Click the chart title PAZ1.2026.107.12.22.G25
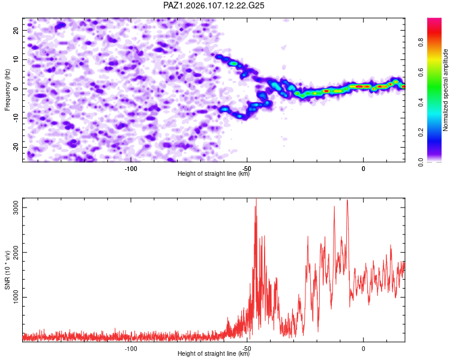tap(214, 5)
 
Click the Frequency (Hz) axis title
tap(7, 90)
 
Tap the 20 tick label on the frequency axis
tap(16, 30)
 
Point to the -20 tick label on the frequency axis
tap(16, 147)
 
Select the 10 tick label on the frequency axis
tap(16, 59)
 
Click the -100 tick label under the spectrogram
tap(131, 169)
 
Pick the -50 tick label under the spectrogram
tap(247, 169)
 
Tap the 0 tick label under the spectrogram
tap(364, 169)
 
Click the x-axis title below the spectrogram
tap(214, 173)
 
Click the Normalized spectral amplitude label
tap(445, 90)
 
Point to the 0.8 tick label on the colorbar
tap(421, 43)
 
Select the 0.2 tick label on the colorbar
tap(421, 133)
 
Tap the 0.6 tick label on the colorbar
tap(421, 73)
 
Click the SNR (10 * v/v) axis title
tap(7, 270)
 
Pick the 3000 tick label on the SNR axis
tap(16, 207)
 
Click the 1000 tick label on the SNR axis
tap(16, 297)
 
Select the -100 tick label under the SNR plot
tap(131, 349)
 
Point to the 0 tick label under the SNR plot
tap(364, 349)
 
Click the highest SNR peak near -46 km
tap(256, 199)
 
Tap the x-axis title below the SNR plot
tap(214, 353)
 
